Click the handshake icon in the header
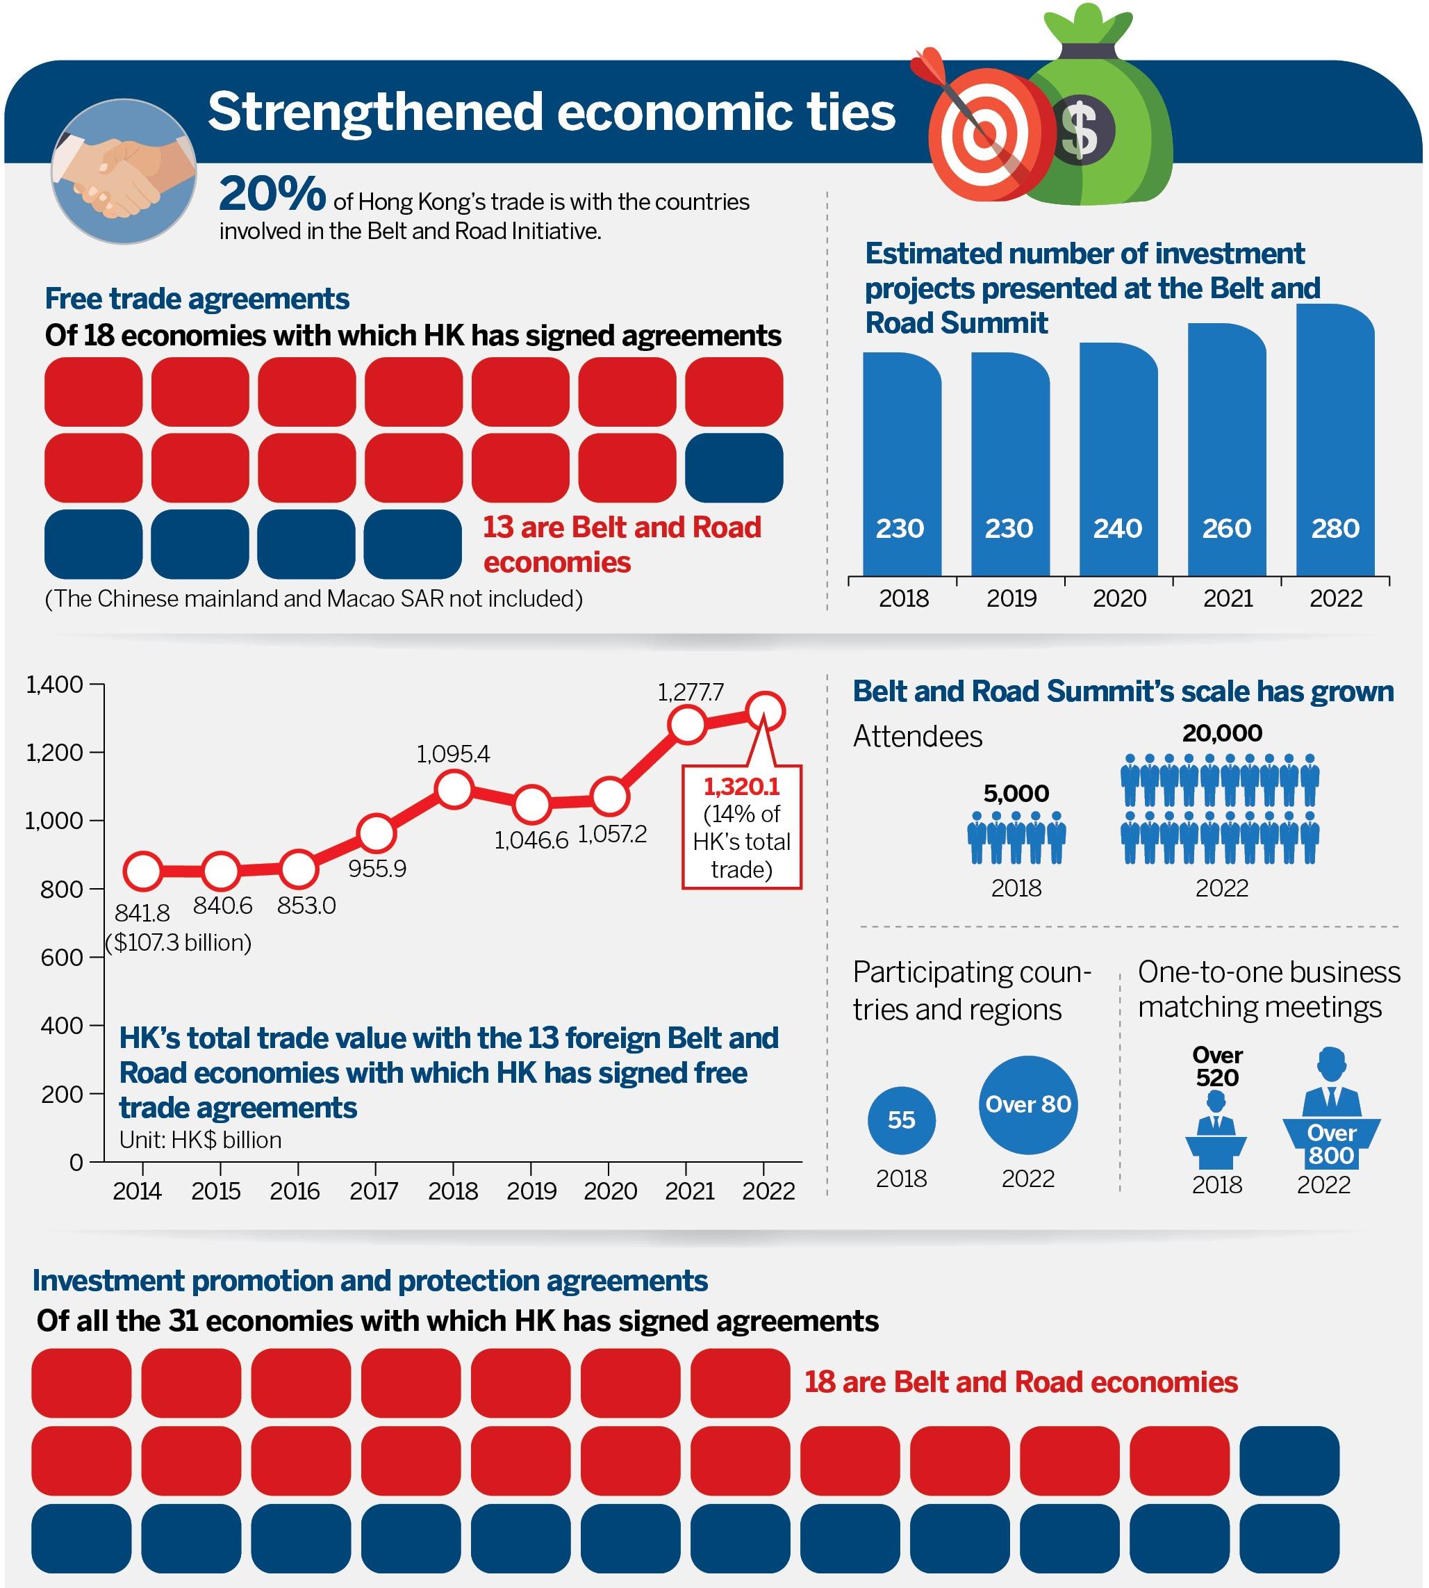tap(124, 171)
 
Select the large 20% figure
tap(272, 194)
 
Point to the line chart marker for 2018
tap(454, 789)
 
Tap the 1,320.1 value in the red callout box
tap(741, 786)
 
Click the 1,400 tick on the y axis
tap(55, 685)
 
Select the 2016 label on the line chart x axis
tap(295, 1191)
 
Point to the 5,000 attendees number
tap(1016, 793)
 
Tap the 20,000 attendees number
tap(1222, 732)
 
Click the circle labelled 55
tap(901, 1120)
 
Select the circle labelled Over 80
tap(1027, 1105)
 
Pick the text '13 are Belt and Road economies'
tap(621, 544)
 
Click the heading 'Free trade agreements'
tap(197, 298)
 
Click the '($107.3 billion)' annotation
tap(179, 942)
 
